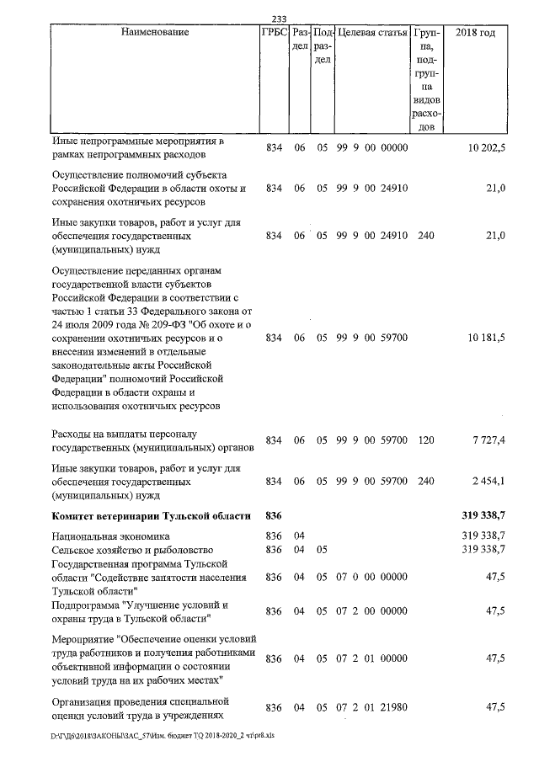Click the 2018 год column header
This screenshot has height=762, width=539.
tap(475, 32)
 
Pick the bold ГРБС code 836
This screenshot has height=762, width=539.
tap(274, 514)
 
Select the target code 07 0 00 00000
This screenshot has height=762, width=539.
tap(371, 578)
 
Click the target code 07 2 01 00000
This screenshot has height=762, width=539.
tap(371, 658)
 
